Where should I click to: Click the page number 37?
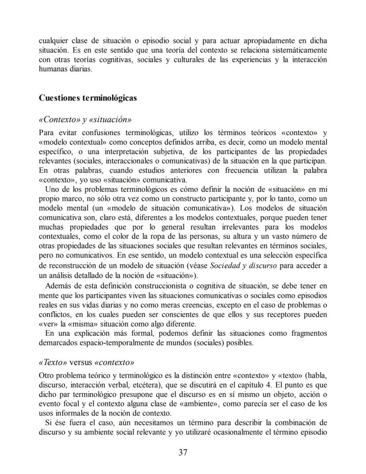click(x=183, y=452)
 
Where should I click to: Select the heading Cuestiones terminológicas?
click(x=88, y=98)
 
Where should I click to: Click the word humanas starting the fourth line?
click(x=52, y=69)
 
